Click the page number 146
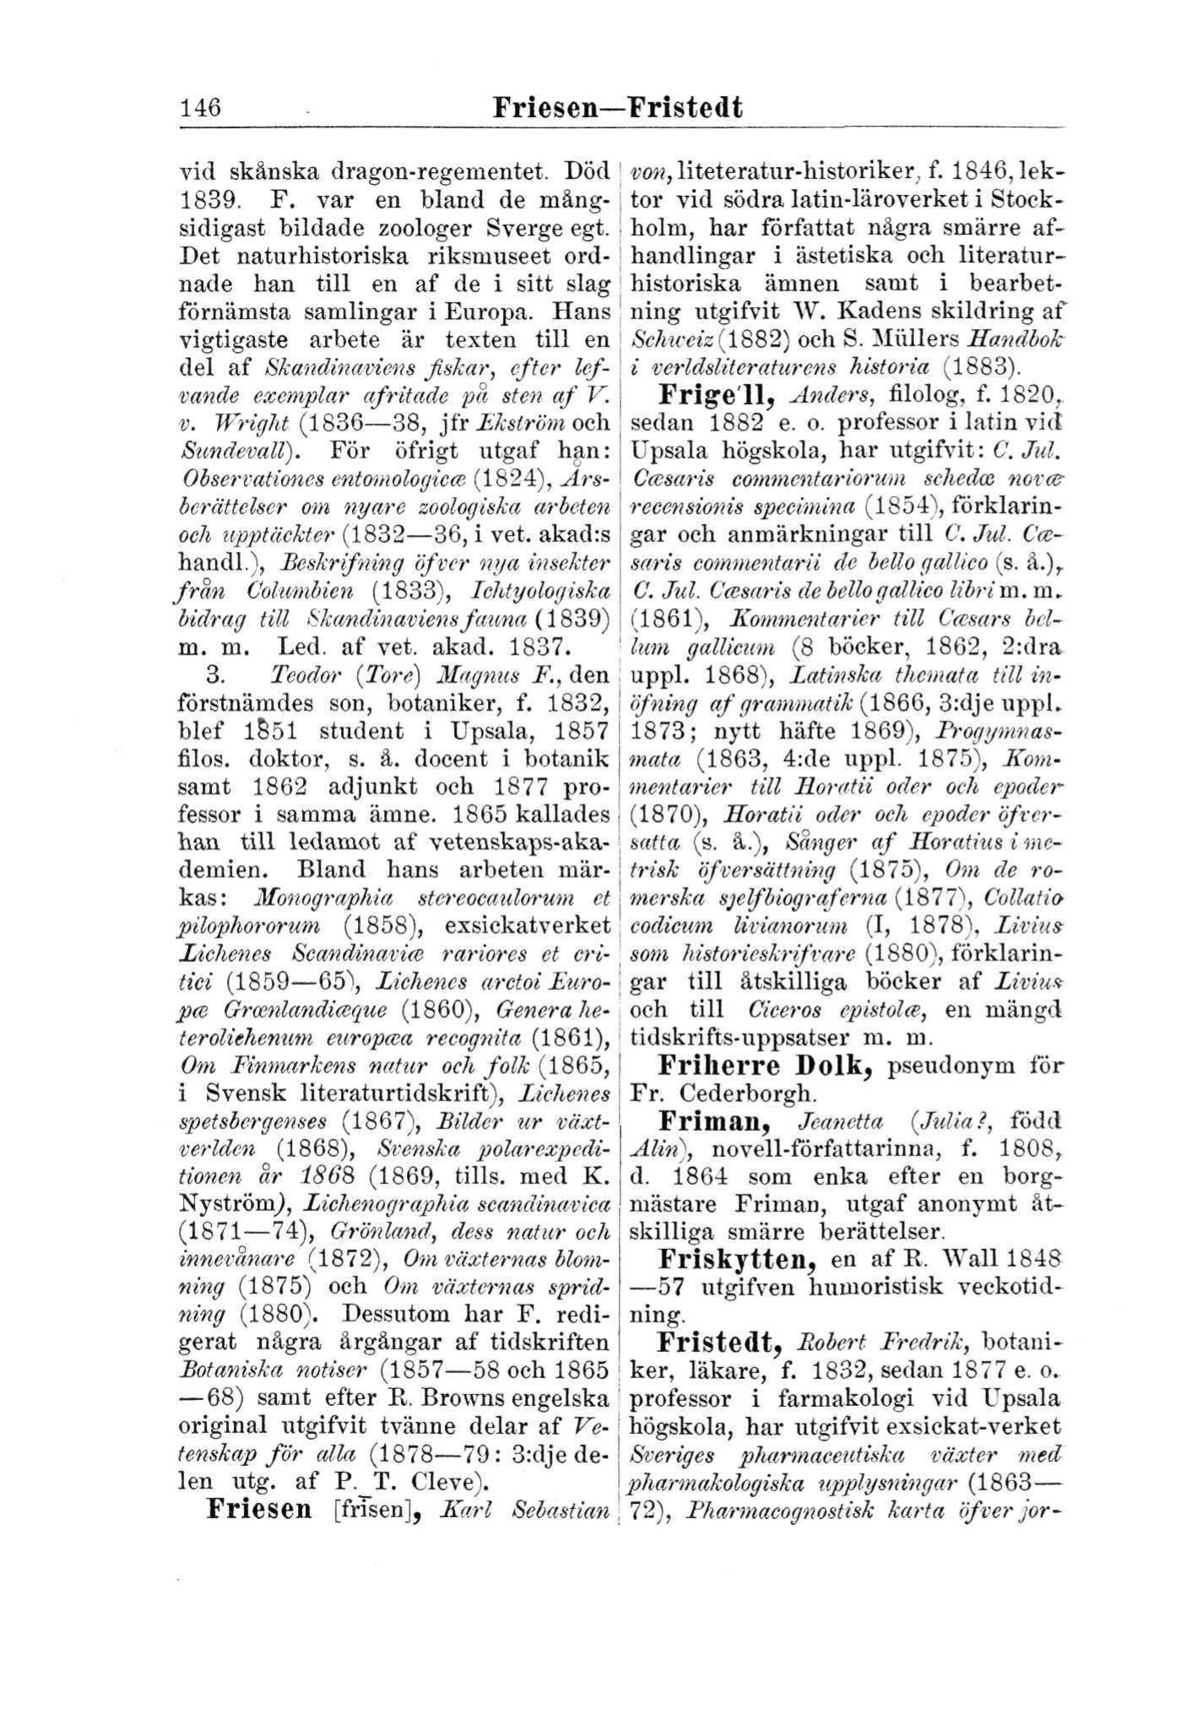[x=200, y=109]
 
